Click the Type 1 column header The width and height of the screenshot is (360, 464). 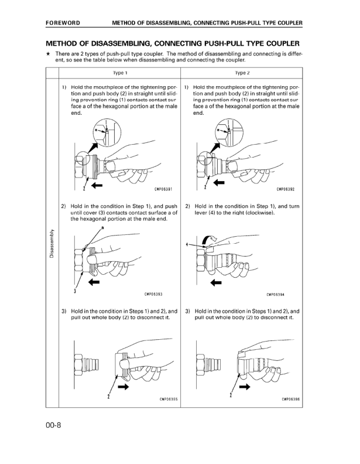(120, 73)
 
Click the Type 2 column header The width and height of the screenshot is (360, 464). (242, 73)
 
